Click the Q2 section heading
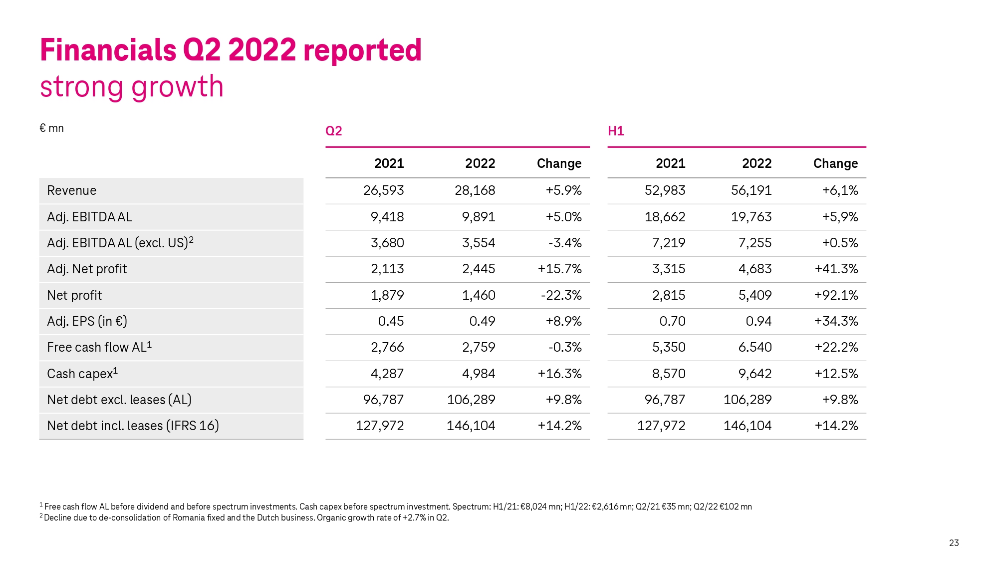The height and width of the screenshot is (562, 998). coord(333,131)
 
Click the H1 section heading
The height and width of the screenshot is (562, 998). coord(616,131)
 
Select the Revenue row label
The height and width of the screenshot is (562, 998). coord(71,190)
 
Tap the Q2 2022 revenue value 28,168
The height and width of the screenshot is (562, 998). coord(475,190)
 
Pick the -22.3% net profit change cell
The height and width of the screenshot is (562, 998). coord(561,295)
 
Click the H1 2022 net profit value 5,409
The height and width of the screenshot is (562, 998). coord(754,295)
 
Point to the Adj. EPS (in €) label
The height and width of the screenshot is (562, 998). coord(87,321)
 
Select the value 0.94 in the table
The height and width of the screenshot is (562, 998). coord(758,321)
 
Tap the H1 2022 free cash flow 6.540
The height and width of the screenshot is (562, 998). coord(754,347)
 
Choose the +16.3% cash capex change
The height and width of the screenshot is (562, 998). coord(559,374)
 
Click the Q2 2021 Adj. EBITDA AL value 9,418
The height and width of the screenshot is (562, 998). coord(387,217)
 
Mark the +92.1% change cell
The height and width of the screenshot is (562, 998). coord(836,295)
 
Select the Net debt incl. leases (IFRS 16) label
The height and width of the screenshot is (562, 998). coord(133,426)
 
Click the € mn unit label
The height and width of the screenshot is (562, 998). coord(51,128)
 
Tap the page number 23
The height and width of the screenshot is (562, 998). coord(954,543)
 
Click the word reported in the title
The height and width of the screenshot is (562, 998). coord(362,50)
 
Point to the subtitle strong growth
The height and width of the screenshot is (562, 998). coord(132,86)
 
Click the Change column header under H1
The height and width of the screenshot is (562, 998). coord(835,163)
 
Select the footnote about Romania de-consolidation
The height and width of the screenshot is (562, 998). coord(245,518)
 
